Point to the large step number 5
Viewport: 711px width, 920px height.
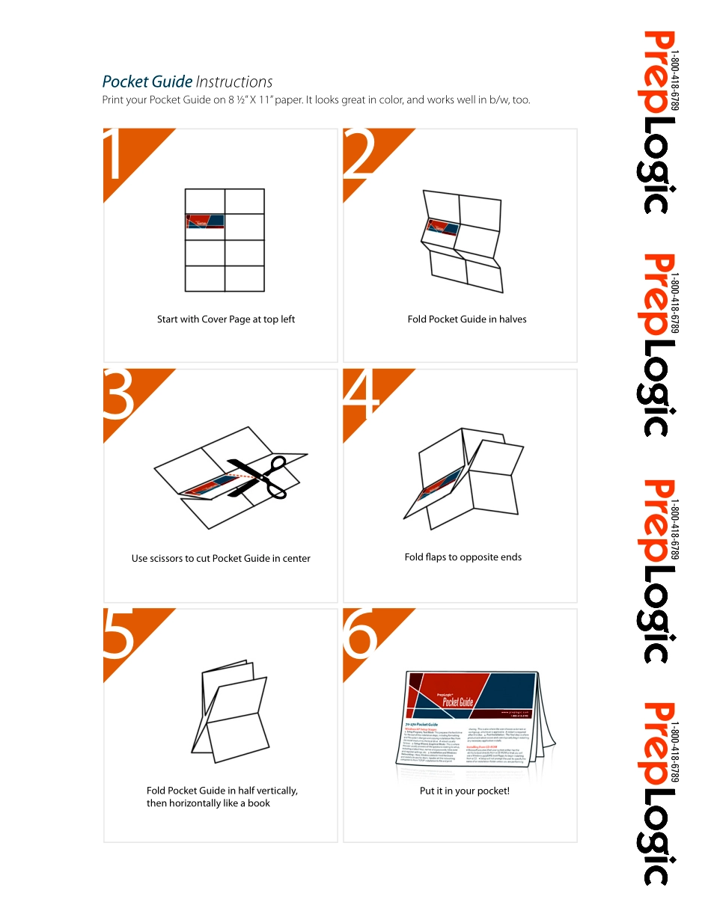click(118, 634)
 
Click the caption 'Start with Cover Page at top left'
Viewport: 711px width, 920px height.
click(226, 319)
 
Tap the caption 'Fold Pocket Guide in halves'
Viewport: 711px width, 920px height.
click(467, 319)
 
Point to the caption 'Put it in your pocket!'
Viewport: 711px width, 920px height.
click(464, 791)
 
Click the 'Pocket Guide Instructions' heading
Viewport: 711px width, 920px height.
click(187, 82)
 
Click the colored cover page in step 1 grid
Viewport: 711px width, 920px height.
click(205, 221)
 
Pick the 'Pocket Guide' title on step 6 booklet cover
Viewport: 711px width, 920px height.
click(457, 701)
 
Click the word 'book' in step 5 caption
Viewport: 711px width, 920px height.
click(257, 803)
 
